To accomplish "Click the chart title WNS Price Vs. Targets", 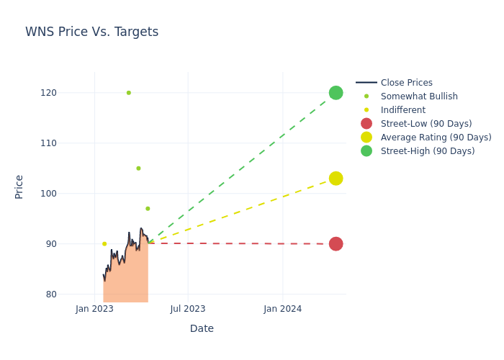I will pos(91,32).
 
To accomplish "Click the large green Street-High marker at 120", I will pos(336,93).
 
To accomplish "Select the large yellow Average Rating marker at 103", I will pos(336,179).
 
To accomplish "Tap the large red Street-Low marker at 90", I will pos(336,244).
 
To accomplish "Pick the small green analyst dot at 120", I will pos(129,93).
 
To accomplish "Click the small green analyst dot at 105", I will pos(138,168).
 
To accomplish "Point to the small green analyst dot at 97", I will pos(148,209).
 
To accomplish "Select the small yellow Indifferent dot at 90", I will pos(104,244).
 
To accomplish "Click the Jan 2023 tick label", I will pos(94,309).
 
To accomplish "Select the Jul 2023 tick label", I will pos(188,309).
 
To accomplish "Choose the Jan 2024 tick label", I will pos(282,309).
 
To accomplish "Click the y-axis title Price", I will pos(19,186).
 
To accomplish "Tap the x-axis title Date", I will pos(202,329).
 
